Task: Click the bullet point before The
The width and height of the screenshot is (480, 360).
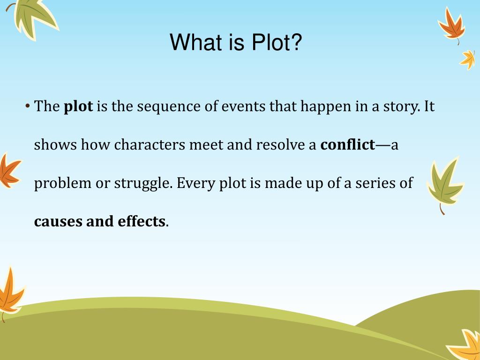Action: pyautogui.click(x=28, y=106)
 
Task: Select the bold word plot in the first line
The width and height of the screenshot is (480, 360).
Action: pyautogui.click(x=78, y=107)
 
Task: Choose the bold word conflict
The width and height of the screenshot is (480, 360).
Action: pyautogui.click(x=347, y=145)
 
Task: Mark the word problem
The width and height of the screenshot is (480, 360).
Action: pyautogui.click(x=63, y=183)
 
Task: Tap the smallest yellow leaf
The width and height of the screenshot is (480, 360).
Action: pyautogui.click(x=468, y=60)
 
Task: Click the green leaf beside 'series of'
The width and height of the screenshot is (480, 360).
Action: pyautogui.click(x=444, y=183)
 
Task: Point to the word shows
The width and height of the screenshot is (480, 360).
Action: pyautogui.click(x=56, y=145)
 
